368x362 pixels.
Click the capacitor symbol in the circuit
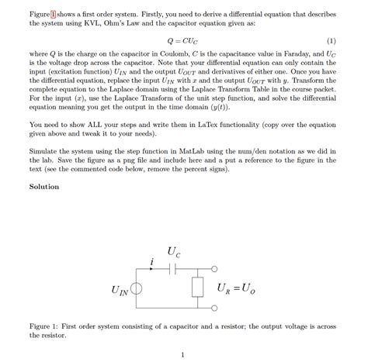pos(174,269)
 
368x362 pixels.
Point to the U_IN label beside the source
pos(120,292)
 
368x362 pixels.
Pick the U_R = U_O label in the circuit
pos(237,289)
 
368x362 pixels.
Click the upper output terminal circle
pos(214,270)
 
